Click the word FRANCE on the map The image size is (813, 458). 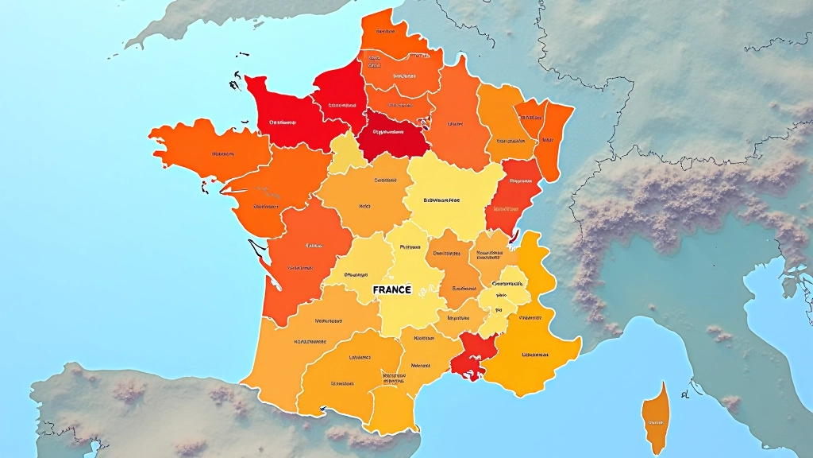391,290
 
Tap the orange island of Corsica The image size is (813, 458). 655,413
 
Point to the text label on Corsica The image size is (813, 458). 655,423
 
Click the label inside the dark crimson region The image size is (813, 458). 389,133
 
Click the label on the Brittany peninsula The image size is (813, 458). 222,154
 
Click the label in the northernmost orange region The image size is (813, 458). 386,32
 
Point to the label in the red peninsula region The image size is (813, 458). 282,122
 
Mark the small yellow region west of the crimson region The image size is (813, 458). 347,153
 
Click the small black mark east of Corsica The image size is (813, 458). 684,393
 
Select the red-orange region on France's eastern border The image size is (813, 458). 512,195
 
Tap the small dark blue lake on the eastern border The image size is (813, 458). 513,236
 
